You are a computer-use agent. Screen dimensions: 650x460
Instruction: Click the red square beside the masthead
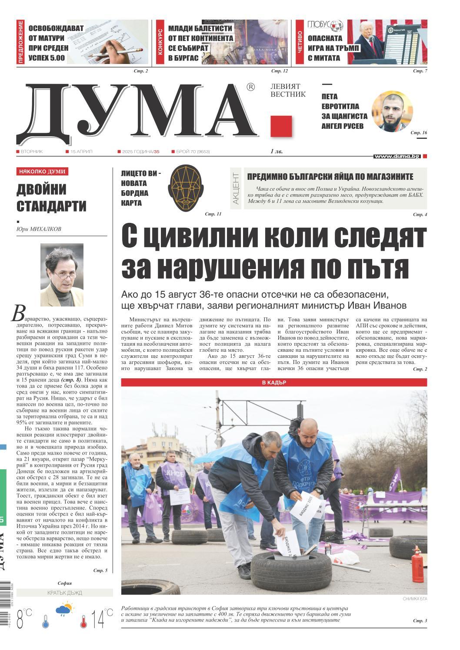(x=281, y=126)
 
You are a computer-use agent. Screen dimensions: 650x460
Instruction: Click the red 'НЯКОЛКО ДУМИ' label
(x=42, y=172)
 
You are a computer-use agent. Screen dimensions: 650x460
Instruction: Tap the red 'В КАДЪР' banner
(x=274, y=383)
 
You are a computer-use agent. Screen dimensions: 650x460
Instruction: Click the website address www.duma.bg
(x=397, y=156)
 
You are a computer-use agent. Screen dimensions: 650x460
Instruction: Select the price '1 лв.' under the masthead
(x=276, y=152)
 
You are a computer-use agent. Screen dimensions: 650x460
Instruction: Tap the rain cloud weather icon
(x=64, y=609)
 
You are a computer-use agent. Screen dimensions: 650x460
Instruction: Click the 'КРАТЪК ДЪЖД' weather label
(x=64, y=593)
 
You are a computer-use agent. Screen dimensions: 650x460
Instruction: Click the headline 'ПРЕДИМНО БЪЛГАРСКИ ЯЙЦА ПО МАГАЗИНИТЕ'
(x=330, y=176)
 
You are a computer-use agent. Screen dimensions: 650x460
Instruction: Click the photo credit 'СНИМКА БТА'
(x=415, y=599)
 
